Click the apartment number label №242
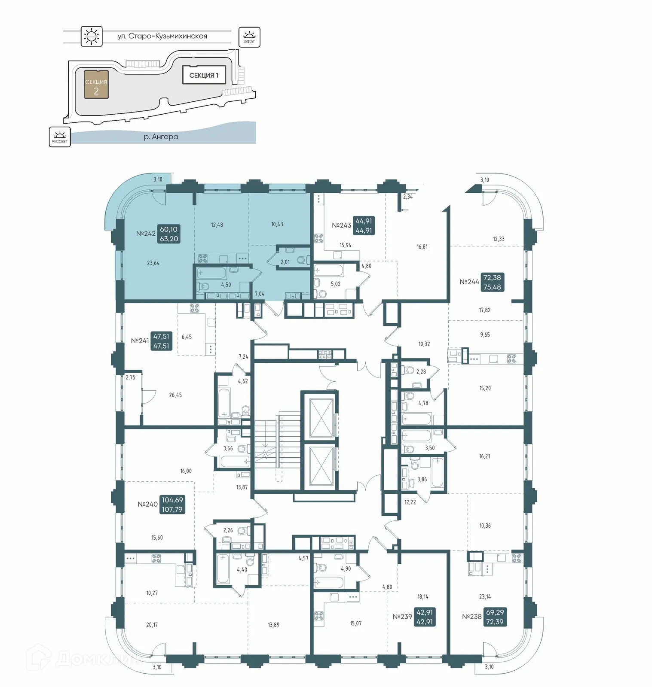[x=146, y=234]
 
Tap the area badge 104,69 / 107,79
[x=172, y=505]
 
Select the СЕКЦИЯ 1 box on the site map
[x=204, y=75]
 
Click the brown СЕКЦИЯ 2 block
[x=96, y=85]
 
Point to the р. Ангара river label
[x=161, y=137]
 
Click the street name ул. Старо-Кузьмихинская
[x=162, y=36]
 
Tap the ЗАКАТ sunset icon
[x=249, y=37]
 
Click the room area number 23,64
[x=153, y=263]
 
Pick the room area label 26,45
[x=175, y=395]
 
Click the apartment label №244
[x=469, y=282]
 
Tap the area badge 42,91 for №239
[x=424, y=617]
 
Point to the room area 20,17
[x=152, y=625]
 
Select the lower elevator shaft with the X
[x=318, y=467]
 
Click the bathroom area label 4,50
[x=226, y=285]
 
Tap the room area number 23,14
[x=485, y=596]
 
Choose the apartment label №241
[x=140, y=340]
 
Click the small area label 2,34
[x=407, y=197]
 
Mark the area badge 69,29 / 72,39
[x=495, y=617]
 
